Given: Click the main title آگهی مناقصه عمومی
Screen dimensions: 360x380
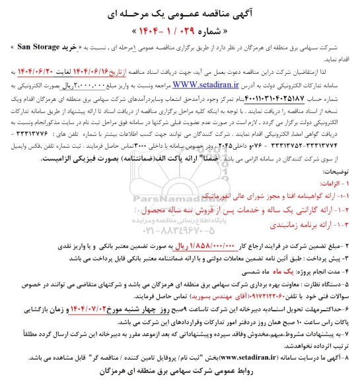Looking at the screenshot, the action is (179, 14).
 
